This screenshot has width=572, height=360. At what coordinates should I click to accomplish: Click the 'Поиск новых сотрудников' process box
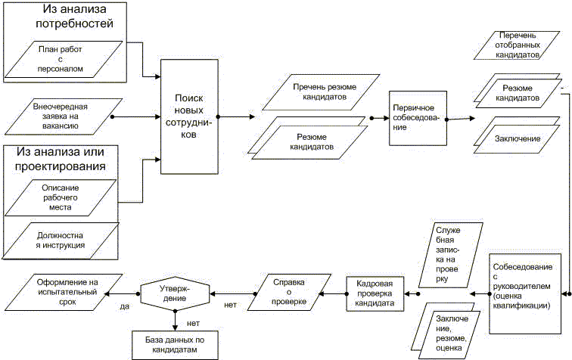point(189,116)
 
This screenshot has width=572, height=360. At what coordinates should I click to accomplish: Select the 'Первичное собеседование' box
point(418,118)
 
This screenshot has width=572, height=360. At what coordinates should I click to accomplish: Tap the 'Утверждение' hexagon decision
point(175,293)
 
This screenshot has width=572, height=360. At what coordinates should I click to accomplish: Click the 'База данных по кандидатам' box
point(175,345)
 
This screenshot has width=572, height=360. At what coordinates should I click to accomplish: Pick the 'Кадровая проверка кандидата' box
point(375,293)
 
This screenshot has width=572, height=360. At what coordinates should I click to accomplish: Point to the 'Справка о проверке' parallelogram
point(289,292)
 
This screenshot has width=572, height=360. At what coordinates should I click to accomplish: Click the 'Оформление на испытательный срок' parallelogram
point(65,293)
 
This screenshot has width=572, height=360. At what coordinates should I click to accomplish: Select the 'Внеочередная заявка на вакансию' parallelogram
point(64,116)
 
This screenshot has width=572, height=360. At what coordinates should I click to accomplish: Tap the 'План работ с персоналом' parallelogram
point(64,59)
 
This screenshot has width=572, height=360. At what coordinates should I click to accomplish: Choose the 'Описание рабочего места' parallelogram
point(61,197)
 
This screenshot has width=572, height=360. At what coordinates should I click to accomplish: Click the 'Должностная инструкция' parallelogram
point(61,241)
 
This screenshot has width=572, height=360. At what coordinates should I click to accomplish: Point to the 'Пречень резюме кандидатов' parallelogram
point(321,92)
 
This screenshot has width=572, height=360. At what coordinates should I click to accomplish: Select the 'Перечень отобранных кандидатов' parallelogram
point(517,45)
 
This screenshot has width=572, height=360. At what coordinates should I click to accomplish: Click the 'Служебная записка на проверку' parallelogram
point(450,255)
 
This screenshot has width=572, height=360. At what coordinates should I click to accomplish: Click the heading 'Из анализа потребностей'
point(74,16)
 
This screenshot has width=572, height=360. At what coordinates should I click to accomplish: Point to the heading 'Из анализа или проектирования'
point(60,159)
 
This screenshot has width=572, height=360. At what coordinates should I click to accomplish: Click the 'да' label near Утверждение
point(125,306)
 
